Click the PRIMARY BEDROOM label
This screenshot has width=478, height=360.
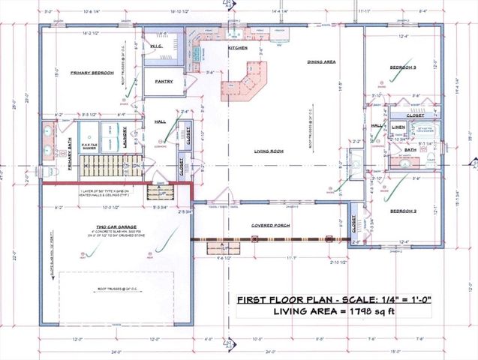(92, 73)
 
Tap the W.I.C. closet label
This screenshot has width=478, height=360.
(156, 46)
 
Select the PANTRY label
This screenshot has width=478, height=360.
(164, 82)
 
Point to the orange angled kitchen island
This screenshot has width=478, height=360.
(245, 81)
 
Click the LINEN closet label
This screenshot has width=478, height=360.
(398, 127)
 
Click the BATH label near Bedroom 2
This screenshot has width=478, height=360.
(409, 150)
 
